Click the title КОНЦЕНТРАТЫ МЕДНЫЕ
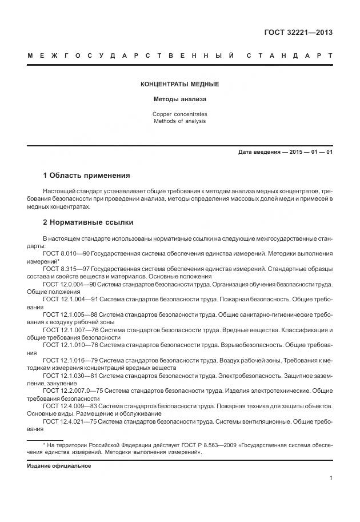point(179,84)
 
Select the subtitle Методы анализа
point(179,99)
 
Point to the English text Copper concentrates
point(179,114)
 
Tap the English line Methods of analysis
point(179,121)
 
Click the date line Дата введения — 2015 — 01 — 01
point(286,152)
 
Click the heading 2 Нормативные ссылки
point(88,221)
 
